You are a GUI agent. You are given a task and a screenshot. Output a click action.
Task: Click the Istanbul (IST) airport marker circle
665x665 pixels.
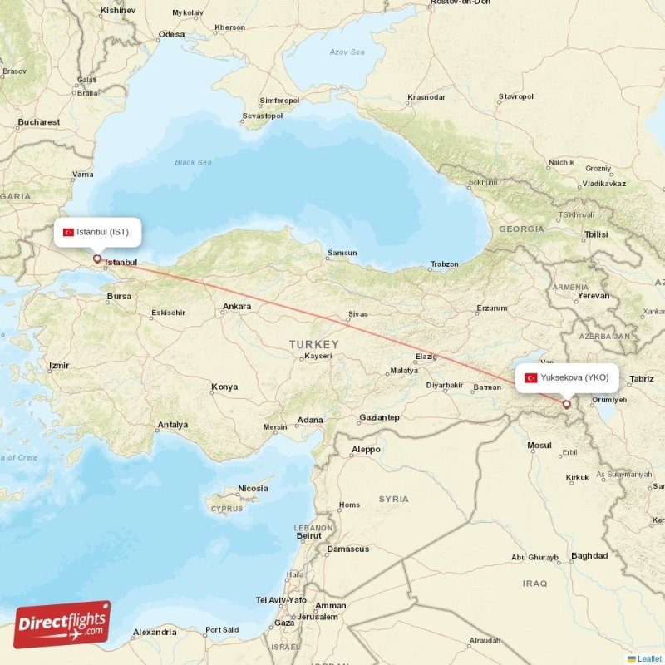click(x=97, y=259)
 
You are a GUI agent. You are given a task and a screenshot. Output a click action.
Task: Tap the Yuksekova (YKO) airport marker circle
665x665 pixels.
click(x=567, y=405)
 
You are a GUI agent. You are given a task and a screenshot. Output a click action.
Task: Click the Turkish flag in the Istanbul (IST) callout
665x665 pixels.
click(x=69, y=232)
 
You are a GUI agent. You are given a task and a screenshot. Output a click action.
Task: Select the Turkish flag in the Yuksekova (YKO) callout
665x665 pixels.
click(x=530, y=378)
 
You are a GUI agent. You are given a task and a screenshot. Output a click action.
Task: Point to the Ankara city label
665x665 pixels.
click(x=236, y=307)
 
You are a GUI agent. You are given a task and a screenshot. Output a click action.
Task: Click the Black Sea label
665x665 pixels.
click(x=193, y=162)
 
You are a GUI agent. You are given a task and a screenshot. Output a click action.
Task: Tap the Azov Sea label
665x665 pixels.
click(x=347, y=52)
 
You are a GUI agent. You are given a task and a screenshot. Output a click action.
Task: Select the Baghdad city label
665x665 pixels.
click(x=589, y=555)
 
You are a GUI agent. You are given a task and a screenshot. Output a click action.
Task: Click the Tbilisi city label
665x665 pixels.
click(x=596, y=234)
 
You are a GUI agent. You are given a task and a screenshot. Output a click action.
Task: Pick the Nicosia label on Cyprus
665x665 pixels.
click(x=254, y=488)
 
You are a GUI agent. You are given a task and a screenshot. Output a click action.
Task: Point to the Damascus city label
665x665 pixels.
click(x=347, y=549)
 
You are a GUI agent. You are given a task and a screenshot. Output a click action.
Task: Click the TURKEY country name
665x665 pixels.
click(x=314, y=344)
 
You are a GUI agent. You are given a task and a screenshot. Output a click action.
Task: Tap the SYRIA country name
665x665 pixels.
click(x=393, y=499)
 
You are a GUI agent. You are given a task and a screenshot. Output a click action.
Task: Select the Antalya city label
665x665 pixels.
click(x=172, y=425)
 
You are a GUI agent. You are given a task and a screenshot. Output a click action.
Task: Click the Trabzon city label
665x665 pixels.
click(x=444, y=264)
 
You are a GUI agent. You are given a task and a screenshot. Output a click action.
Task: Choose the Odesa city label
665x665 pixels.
click(x=171, y=34)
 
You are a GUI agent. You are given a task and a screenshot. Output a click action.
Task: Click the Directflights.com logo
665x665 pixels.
click(x=62, y=624)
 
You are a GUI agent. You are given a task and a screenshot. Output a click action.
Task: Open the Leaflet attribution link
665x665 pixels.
click(x=648, y=658)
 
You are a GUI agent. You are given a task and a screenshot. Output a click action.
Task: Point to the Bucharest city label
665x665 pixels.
click(x=38, y=122)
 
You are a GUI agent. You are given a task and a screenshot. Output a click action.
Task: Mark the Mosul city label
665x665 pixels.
click(x=539, y=446)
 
